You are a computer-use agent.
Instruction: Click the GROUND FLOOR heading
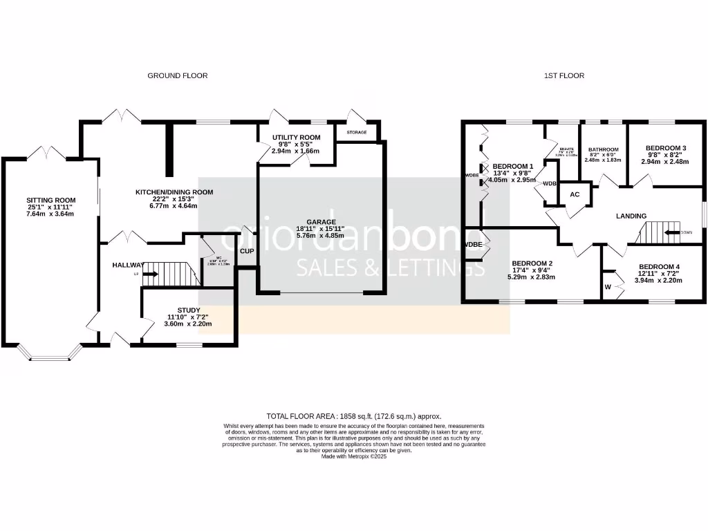click(178, 75)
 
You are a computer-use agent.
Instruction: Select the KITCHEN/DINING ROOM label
click(174, 192)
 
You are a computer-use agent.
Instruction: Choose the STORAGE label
click(357, 132)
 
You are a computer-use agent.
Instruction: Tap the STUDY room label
click(189, 310)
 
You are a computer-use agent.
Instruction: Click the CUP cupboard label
click(247, 251)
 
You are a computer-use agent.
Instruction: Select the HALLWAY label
click(128, 265)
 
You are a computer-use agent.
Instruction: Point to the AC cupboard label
click(575, 194)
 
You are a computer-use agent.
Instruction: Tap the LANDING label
click(631, 216)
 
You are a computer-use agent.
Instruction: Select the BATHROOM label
click(603, 149)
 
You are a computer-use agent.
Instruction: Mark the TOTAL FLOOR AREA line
click(353, 417)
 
